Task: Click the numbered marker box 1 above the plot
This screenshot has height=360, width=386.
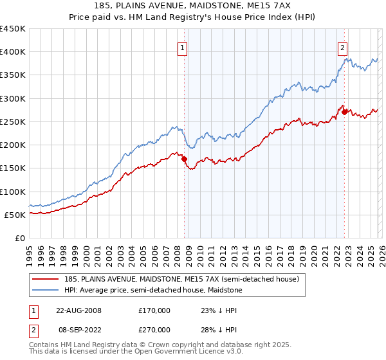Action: coord(182,48)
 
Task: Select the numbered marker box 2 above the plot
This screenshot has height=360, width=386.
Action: coord(342,48)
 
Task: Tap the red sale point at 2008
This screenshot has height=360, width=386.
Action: coord(185,159)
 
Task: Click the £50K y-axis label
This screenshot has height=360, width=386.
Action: coord(15,215)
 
